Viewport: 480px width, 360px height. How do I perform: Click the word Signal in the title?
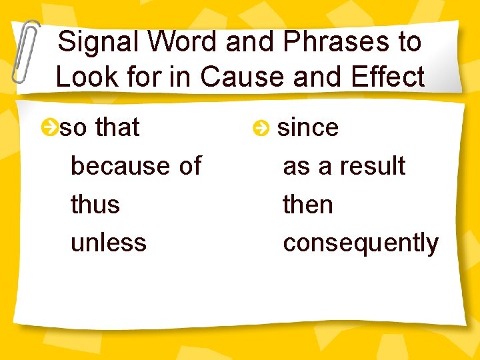97,42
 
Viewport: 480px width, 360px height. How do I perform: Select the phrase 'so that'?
100,127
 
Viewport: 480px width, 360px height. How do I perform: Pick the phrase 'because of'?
135,165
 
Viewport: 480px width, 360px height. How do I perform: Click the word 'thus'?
95,204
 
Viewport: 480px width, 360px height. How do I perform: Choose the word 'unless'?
108,242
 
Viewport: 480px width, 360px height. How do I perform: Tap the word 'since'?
307,127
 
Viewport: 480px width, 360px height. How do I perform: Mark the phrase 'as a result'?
344,165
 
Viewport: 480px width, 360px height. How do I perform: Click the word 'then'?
307,204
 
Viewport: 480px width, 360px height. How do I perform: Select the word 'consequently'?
361,243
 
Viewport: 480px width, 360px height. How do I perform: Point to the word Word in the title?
182,42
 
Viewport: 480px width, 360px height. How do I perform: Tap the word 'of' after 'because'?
190,165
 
